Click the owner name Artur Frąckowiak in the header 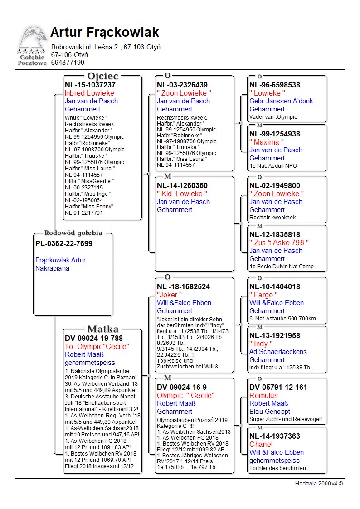click(x=104, y=33)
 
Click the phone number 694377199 click(x=68, y=63)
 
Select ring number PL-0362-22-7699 click(x=63, y=244)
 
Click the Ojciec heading click(x=102, y=76)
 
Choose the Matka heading click(x=102, y=330)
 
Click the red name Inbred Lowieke click(x=89, y=93)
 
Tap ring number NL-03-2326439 click(x=182, y=85)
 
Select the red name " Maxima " click(x=267, y=142)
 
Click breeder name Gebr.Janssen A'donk click(x=281, y=101)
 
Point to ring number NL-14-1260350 click(x=182, y=185)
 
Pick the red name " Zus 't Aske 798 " click(x=279, y=242)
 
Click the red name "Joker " click(x=170, y=295)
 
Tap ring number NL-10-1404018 click(x=275, y=286)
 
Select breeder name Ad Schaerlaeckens click(x=278, y=352)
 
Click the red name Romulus click(x=263, y=395)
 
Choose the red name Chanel click(x=261, y=444)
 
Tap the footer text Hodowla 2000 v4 click(x=319, y=483)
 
